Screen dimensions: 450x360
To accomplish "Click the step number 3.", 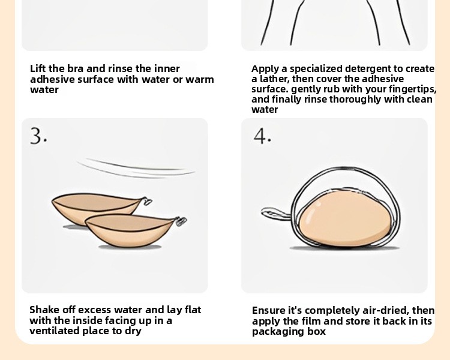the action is (38, 136).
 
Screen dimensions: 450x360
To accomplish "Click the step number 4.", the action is (262, 136).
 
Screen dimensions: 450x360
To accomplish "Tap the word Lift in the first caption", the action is (38, 68).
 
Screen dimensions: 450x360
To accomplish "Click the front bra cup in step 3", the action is (131, 230).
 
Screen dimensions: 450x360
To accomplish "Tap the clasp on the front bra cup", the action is (181, 221).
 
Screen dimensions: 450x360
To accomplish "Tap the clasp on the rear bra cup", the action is (147, 201).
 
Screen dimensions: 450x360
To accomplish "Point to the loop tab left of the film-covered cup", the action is (275, 214).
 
